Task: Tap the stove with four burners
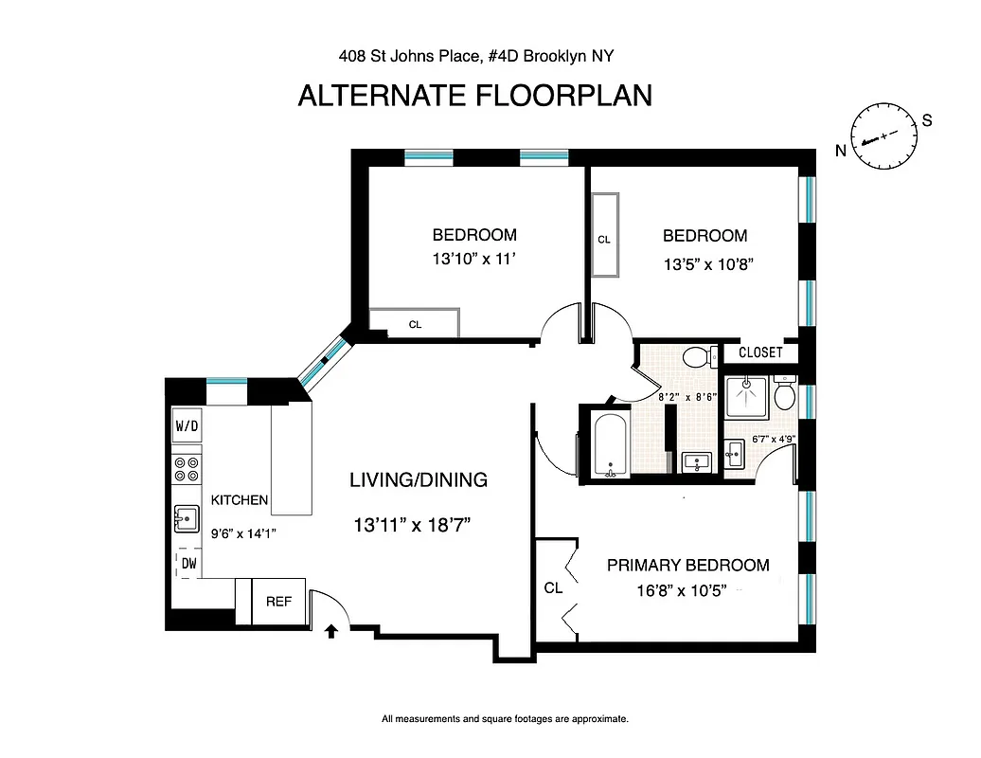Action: point(187,469)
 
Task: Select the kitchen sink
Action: point(187,518)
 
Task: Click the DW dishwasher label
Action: point(188,564)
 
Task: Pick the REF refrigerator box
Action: point(278,601)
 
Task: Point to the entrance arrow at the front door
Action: point(331,632)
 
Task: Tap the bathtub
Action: point(609,444)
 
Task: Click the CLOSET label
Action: point(760,352)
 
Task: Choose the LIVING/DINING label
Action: point(419,480)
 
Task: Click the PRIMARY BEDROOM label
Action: point(687,566)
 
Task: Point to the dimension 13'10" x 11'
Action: point(473,260)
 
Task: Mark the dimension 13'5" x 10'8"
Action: point(705,265)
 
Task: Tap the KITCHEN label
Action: point(240,500)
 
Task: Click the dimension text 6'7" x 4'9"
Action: point(772,439)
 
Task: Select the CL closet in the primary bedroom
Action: point(553,588)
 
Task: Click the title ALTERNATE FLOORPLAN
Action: point(474,97)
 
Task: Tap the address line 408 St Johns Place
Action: point(476,56)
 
